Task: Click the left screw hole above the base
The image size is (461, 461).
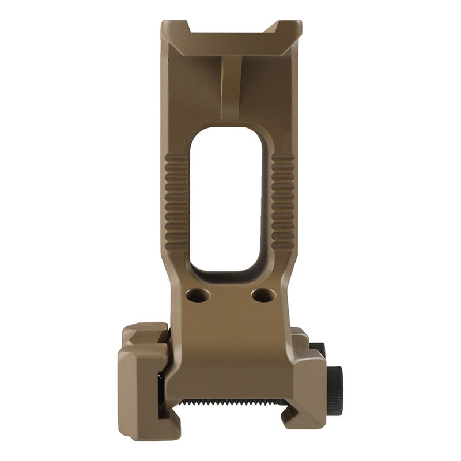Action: click(x=198, y=296)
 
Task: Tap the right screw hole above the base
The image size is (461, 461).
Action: click(x=263, y=296)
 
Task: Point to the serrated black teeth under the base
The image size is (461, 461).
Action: click(x=231, y=402)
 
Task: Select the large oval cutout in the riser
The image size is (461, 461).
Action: click(x=226, y=199)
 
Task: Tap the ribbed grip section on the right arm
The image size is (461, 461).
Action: click(x=283, y=202)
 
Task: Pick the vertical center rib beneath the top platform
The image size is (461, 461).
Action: click(x=231, y=86)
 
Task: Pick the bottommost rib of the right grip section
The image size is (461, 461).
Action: click(x=283, y=246)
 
